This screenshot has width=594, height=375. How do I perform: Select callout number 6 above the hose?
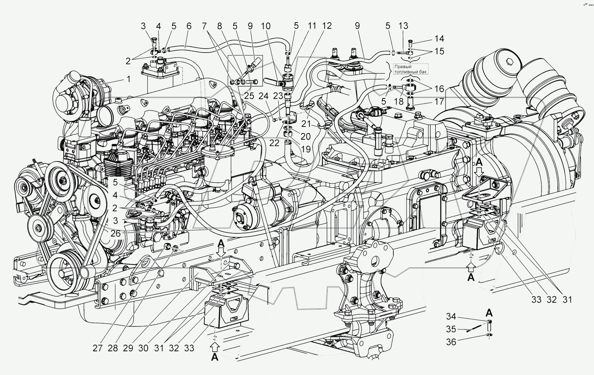(x=189, y=26)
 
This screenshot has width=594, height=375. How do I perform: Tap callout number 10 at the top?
(x=266, y=26)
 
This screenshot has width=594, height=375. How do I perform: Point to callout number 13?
(x=404, y=26)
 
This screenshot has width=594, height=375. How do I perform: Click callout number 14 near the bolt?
(x=439, y=39)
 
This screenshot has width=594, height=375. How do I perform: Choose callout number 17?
(x=439, y=102)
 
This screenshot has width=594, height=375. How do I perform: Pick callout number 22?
(x=274, y=143)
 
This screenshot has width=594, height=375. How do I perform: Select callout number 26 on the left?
(x=115, y=234)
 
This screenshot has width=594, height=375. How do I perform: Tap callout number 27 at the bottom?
(x=98, y=348)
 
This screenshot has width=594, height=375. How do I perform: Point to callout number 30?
(x=143, y=348)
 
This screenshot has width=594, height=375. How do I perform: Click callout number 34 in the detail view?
(x=451, y=316)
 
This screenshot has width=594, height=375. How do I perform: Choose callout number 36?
(x=451, y=342)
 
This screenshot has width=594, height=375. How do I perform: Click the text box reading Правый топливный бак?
(x=411, y=69)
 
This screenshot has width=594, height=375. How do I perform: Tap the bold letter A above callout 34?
(x=489, y=312)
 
